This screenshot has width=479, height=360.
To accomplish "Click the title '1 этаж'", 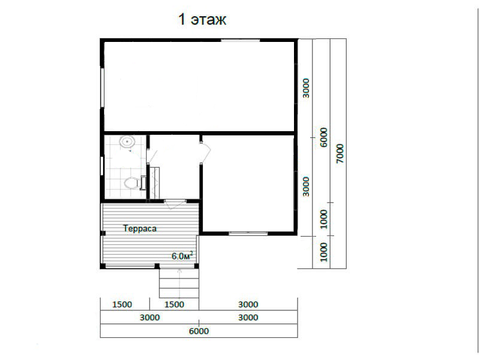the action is coord(202,20).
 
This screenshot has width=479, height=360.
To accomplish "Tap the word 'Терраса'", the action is coord(140,228).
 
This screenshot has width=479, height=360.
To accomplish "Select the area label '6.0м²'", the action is coord(182,256).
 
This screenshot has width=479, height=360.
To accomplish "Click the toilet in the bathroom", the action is coord(131,183).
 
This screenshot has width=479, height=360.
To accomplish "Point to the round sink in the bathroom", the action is coord(127,142).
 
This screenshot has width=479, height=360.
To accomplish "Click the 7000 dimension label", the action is coord(339,153).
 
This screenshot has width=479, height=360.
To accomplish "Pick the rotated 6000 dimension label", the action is coord(323,137).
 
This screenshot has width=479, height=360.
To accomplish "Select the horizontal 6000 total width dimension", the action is coord(199,331).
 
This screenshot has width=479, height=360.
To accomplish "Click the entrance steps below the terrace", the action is coord(179,283).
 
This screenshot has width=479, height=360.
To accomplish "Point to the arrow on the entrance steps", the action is coord(179,283).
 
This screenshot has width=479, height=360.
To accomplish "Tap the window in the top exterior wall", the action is coord(241,40).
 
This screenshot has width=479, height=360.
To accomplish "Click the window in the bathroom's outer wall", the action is coord(102,166).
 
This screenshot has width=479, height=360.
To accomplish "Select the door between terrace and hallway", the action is coord(175,204).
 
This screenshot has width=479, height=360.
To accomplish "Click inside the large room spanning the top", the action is coord(199,86).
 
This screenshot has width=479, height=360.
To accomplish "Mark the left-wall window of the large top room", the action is coord(102,87).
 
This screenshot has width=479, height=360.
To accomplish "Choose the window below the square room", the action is coord(248,233).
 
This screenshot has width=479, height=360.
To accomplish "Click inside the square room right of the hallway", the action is coord(248,183).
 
